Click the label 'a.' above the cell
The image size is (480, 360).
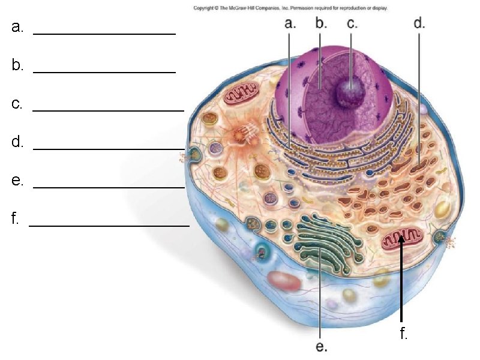(x=290, y=24)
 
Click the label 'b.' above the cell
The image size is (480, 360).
(x=321, y=24)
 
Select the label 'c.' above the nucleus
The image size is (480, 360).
(x=352, y=24)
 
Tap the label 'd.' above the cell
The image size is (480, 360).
(x=419, y=23)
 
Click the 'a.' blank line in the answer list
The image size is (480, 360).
(x=104, y=34)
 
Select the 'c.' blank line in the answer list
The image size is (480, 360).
(x=108, y=110)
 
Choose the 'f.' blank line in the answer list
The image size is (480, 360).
(x=109, y=226)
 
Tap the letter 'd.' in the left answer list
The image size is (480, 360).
(x=17, y=142)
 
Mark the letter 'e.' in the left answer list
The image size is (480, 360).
(x=17, y=181)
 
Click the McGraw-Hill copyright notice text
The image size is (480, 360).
(x=290, y=8)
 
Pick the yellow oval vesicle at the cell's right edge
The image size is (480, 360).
(x=442, y=209)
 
